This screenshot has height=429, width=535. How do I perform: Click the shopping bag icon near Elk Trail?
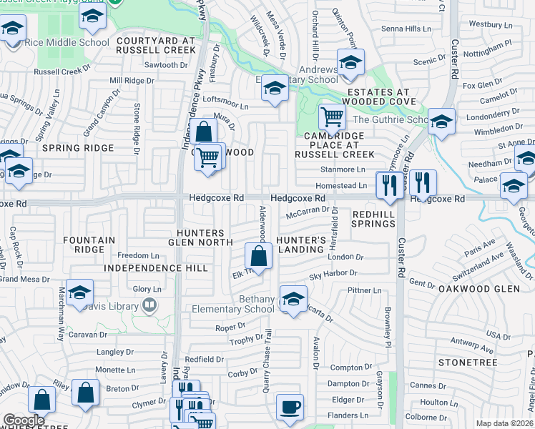259,256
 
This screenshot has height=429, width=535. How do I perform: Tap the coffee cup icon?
290,407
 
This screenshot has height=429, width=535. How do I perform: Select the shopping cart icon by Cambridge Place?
331,116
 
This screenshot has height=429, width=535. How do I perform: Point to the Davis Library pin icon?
149,306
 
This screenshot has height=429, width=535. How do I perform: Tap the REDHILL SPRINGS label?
373,218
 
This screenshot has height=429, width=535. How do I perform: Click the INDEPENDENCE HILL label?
155,268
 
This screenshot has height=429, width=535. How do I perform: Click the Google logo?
23,420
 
